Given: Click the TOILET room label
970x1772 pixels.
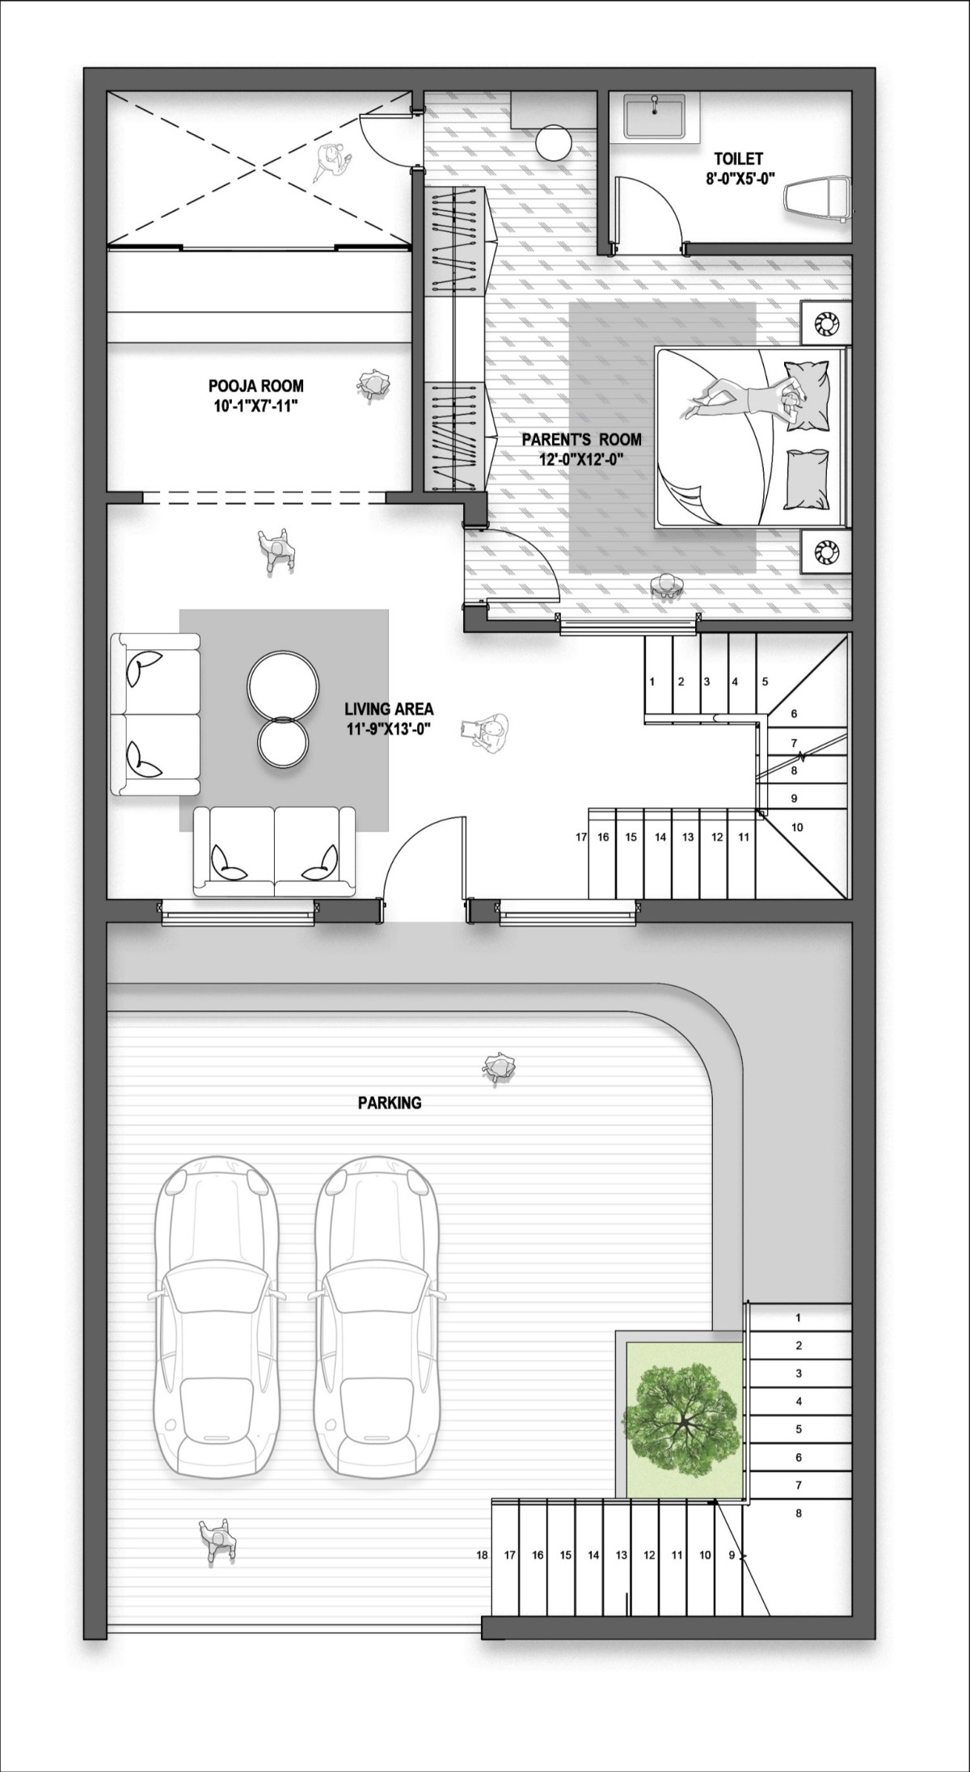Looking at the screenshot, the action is [738, 159].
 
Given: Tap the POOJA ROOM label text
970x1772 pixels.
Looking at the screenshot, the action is [255, 386].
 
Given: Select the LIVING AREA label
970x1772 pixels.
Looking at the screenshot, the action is [389, 709].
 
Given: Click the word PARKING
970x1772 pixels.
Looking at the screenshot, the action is [390, 1102].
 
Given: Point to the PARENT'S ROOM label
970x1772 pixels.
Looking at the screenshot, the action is [581, 440].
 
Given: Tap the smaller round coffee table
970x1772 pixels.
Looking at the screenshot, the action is [282, 741].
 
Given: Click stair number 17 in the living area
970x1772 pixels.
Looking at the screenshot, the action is [581, 837].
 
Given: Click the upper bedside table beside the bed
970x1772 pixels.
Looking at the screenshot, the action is [825, 323].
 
